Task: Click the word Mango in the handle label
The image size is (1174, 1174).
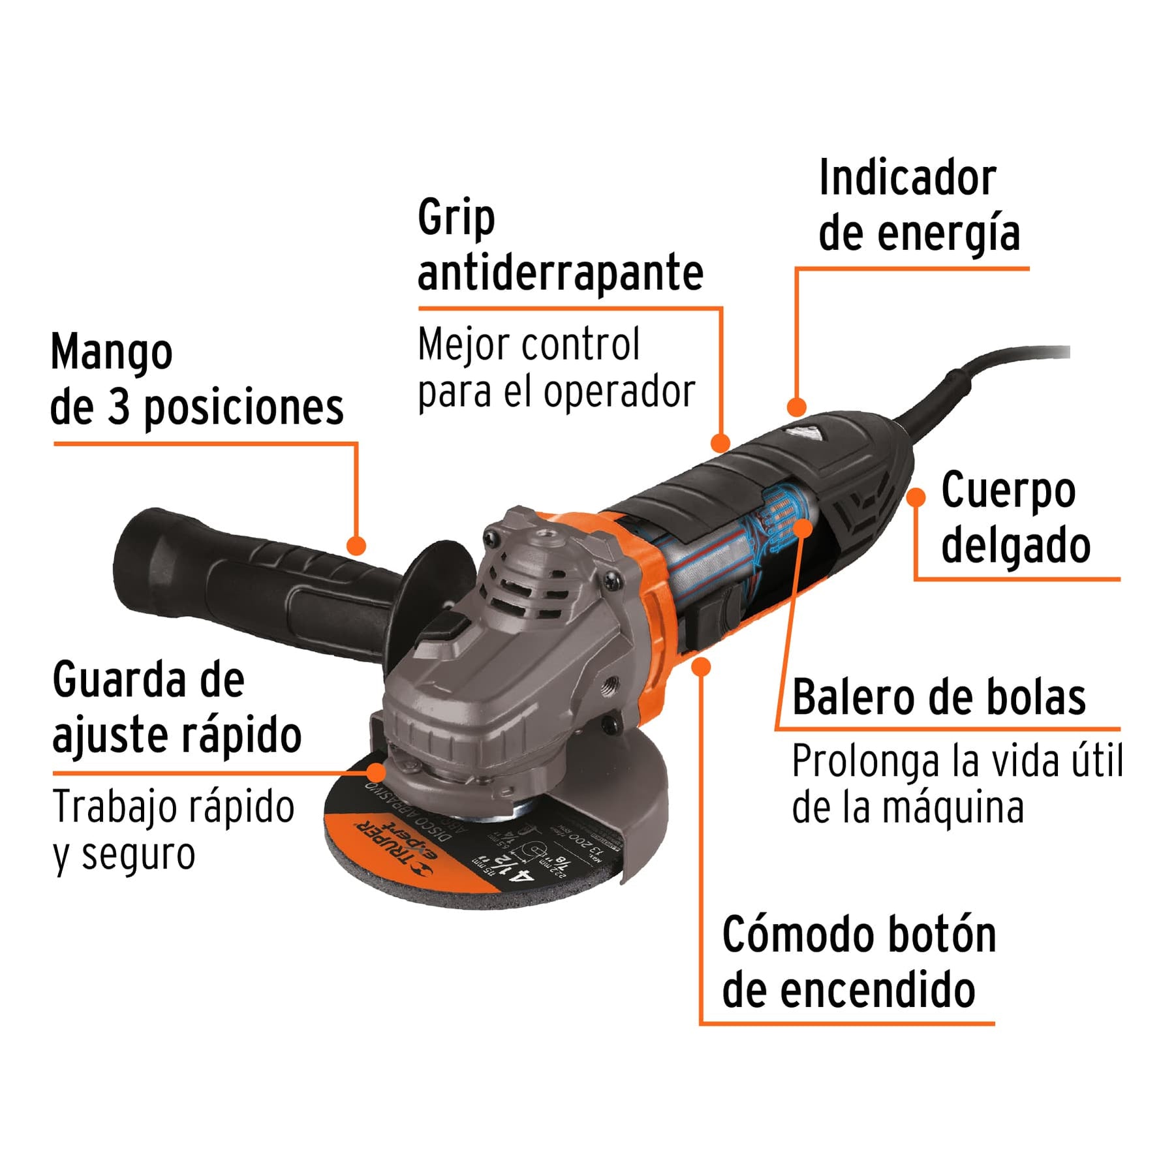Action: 112,353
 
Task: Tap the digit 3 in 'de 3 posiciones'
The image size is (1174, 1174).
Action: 118,407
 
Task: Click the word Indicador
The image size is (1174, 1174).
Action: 907,178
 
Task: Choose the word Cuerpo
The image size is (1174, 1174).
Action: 1008,491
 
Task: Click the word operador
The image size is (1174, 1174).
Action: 619,392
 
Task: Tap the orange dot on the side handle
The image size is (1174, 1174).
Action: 356,546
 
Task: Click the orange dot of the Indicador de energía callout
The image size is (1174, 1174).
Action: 796,408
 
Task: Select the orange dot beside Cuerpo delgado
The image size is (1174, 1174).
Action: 916,497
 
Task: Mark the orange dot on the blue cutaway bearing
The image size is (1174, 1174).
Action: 803,528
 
